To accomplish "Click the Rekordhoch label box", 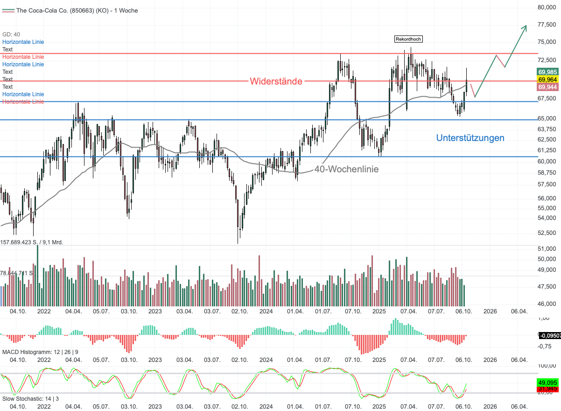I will pos(408,39).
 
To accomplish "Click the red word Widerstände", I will pos(276,81).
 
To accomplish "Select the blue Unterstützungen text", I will pos(470,138).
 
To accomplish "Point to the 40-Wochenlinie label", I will pos(346,169).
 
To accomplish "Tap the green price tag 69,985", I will pos(547,72).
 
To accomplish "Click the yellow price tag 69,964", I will pos(547,79).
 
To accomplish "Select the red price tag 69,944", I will pos(547,87).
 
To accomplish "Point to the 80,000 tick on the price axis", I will pos(548,7).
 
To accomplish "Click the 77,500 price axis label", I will pos(548,24).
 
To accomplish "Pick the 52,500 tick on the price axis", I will pos(548,233).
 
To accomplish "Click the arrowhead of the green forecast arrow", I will pos(526,27).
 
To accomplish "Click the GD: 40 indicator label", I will pos(11,35).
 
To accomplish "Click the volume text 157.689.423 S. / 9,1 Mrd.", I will pos(32,242).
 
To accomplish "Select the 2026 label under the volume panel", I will pos(490,311).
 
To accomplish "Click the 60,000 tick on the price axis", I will pos(548,162).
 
